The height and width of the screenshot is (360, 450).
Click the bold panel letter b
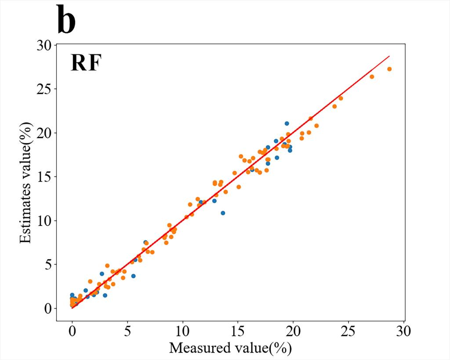pyautogui.click(x=66, y=21)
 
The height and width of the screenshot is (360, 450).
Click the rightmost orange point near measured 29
pyautogui.click(x=389, y=69)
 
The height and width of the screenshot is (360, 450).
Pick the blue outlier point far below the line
pyautogui.click(x=223, y=213)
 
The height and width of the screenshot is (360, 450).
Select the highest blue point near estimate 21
pyautogui.click(x=287, y=124)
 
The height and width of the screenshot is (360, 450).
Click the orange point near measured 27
pyautogui.click(x=372, y=76)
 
